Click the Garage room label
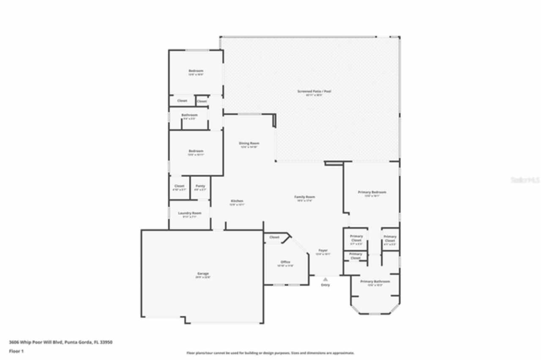click(x=202, y=273)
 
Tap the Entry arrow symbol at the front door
click(x=325, y=279)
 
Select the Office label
click(x=285, y=262)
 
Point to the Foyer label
click(x=323, y=251)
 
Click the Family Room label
click(x=304, y=197)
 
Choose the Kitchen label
click(x=237, y=201)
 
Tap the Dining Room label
click(x=249, y=143)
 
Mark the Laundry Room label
click(x=189, y=213)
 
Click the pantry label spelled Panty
click(x=200, y=186)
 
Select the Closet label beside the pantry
click(x=179, y=186)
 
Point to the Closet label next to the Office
click(x=274, y=237)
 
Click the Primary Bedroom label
click(x=372, y=192)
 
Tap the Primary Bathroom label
click(x=375, y=281)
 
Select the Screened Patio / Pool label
click(x=311, y=91)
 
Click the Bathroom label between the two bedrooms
click(x=189, y=115)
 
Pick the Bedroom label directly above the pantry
click(x=196, y=151)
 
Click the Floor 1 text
click(x=16, y=351)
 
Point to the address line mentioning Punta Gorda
click(x=60, y=342)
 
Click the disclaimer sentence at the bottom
click(x=270, y=353)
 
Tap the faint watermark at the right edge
click(x=525, y=180)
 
